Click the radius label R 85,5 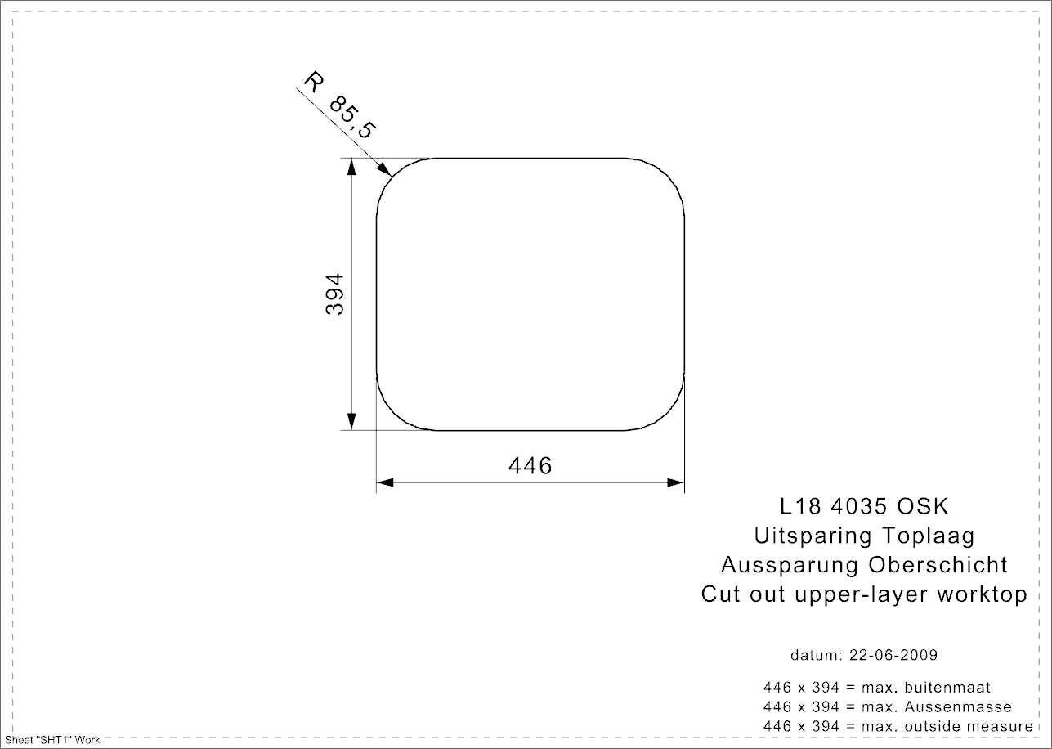340,105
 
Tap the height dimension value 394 335,294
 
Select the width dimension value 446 530,465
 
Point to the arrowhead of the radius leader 385,169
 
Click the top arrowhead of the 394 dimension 351,167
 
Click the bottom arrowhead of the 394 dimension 351,421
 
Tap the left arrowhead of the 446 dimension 385,482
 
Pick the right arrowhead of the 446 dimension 676,482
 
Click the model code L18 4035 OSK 864,506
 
